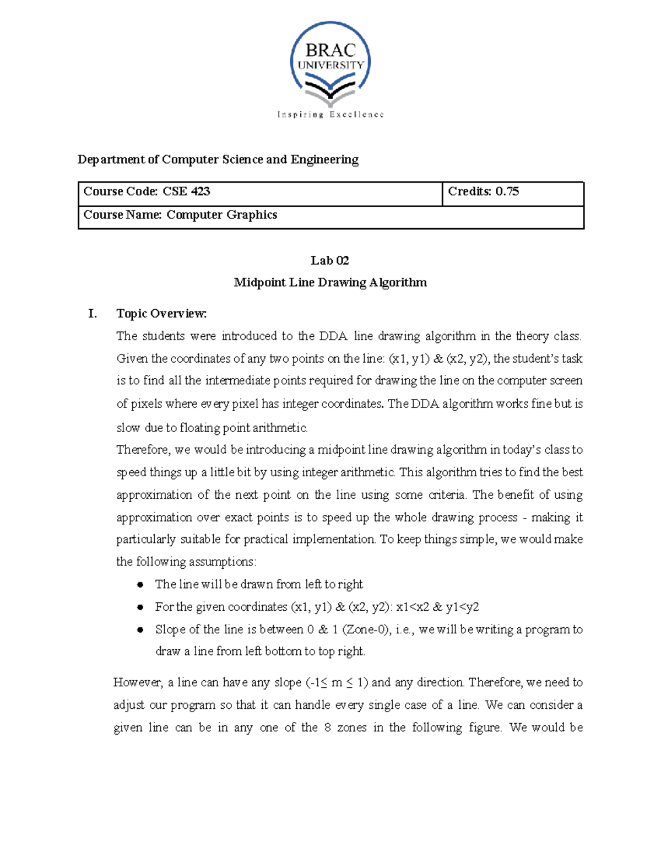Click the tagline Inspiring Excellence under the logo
click(330, 115)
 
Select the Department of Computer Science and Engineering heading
click(218, 159)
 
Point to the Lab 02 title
click(329, 260)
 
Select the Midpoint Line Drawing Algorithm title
click(330, 282)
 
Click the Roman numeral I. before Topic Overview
click(93, 314)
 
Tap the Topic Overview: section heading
click(161, 314)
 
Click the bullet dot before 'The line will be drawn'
click(140, 584)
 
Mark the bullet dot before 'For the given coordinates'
click(140, 607)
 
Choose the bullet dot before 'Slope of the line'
click(140, 629)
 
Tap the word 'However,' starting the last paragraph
click(138, 682)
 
